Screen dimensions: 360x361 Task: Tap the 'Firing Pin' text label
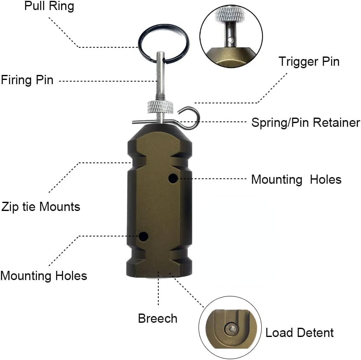coord(27,80)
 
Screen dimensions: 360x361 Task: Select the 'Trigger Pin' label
coord(309,62)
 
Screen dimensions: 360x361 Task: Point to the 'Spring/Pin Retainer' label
coord(305,123)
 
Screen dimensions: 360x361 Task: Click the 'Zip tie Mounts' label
coord(40,206)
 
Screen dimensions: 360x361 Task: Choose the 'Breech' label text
coord(157,318)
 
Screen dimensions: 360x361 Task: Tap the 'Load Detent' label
coord(299,333)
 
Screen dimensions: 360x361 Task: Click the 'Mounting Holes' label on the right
coord(296,180)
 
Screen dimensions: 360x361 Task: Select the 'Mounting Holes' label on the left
coord(44,276)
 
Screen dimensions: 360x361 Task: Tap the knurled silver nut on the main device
coord(160,107)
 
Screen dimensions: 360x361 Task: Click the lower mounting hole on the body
coord(144,237)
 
